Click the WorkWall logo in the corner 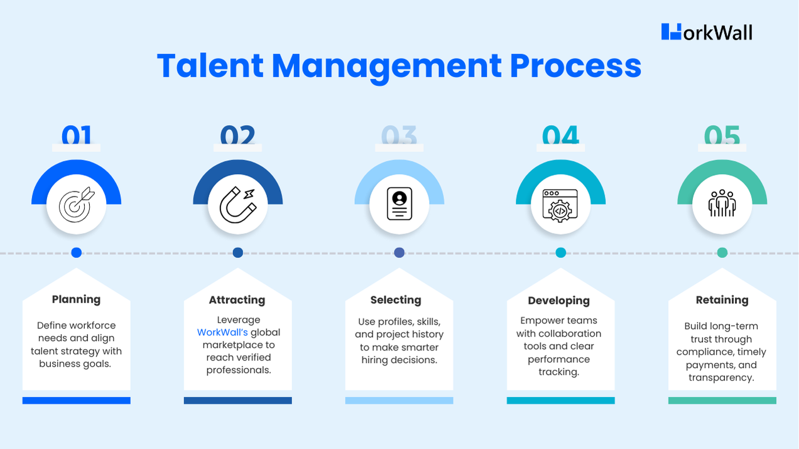pyautogui.click(x=707, y=32)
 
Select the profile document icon pyautogui.click(x=399, y=203)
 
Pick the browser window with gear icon pyautogui.click(x=560, y=203)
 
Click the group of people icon pyautogui.click(x=722, y=203)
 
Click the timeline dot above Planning pyautogui.click(x=77, y=252)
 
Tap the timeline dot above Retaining pyautogui.click(x=722, y=252)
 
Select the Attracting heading pyautogui.click(x=237, y=300)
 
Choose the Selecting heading pyautogui.click(x=396, y=300)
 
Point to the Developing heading pyautogui.click(x=559, y=301)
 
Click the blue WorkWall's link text pyautogui.click(x=222, y=332)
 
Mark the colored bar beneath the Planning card pyautogui.click(x=77, y=400)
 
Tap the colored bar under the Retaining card pyautogui.click(x=722, y=400)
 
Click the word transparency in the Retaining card pyautogui.click(x=720, y=378)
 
